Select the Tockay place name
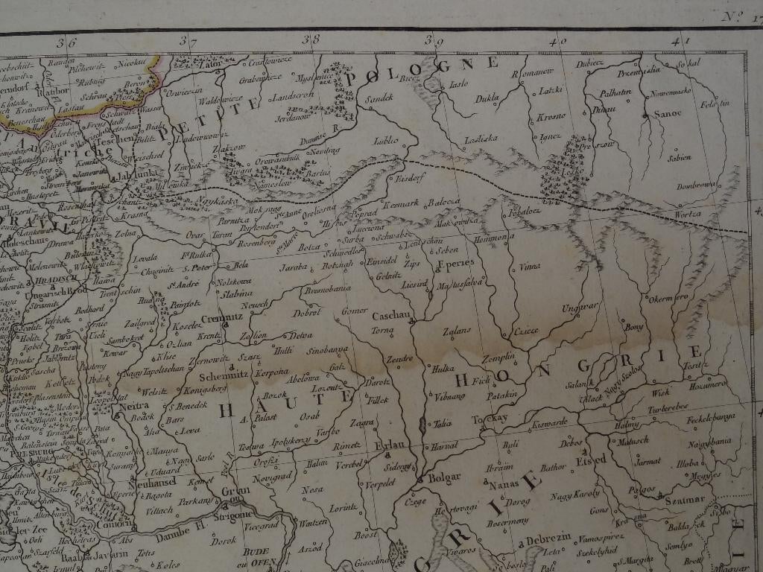[490, 418]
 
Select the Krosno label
[551, 115]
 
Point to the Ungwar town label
[580, 306]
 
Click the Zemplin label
[499, 357]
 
